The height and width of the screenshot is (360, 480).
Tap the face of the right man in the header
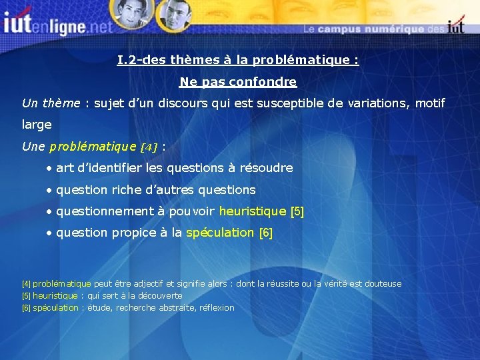[x=177, y=15]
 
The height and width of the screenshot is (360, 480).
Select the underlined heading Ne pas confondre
[x=238, y=82]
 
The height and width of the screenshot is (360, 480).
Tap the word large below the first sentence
[x=37, y=125]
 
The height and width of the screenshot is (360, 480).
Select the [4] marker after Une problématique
[x=147, y=147]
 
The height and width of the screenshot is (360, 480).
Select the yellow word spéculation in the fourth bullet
[x=220, y=233]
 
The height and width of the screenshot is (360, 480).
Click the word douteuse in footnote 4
[x=382, y=284]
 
